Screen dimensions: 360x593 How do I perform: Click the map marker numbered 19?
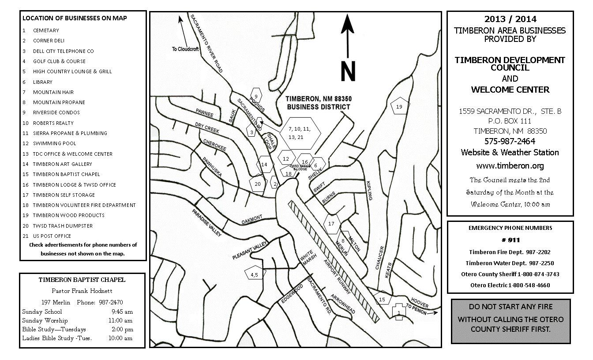point(399,107)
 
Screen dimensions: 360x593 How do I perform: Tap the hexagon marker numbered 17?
point(331,224)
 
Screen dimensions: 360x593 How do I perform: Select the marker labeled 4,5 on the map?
point(254,274)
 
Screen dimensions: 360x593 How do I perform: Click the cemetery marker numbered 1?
point(399,312)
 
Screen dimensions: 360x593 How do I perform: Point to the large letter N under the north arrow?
point(348,72)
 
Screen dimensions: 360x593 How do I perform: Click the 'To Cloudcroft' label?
point(187,49)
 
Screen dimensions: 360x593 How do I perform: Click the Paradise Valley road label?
point(206,223)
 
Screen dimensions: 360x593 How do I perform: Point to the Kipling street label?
point(369,190)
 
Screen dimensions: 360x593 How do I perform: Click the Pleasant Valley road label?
point(250,251)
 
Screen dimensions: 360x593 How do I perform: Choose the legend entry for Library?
point(43,82)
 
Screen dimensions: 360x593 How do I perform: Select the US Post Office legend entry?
point(52,236)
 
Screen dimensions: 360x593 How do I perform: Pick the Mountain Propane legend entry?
point(59,102)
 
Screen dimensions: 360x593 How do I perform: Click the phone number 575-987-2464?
point(510,141)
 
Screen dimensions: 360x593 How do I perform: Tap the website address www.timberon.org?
point(510,166)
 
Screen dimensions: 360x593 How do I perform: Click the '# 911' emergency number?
point(510,240)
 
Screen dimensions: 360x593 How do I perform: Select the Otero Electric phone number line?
point(510,285)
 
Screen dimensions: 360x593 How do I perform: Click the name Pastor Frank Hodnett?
point(82,291)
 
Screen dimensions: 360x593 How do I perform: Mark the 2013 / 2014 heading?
point(510,19)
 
